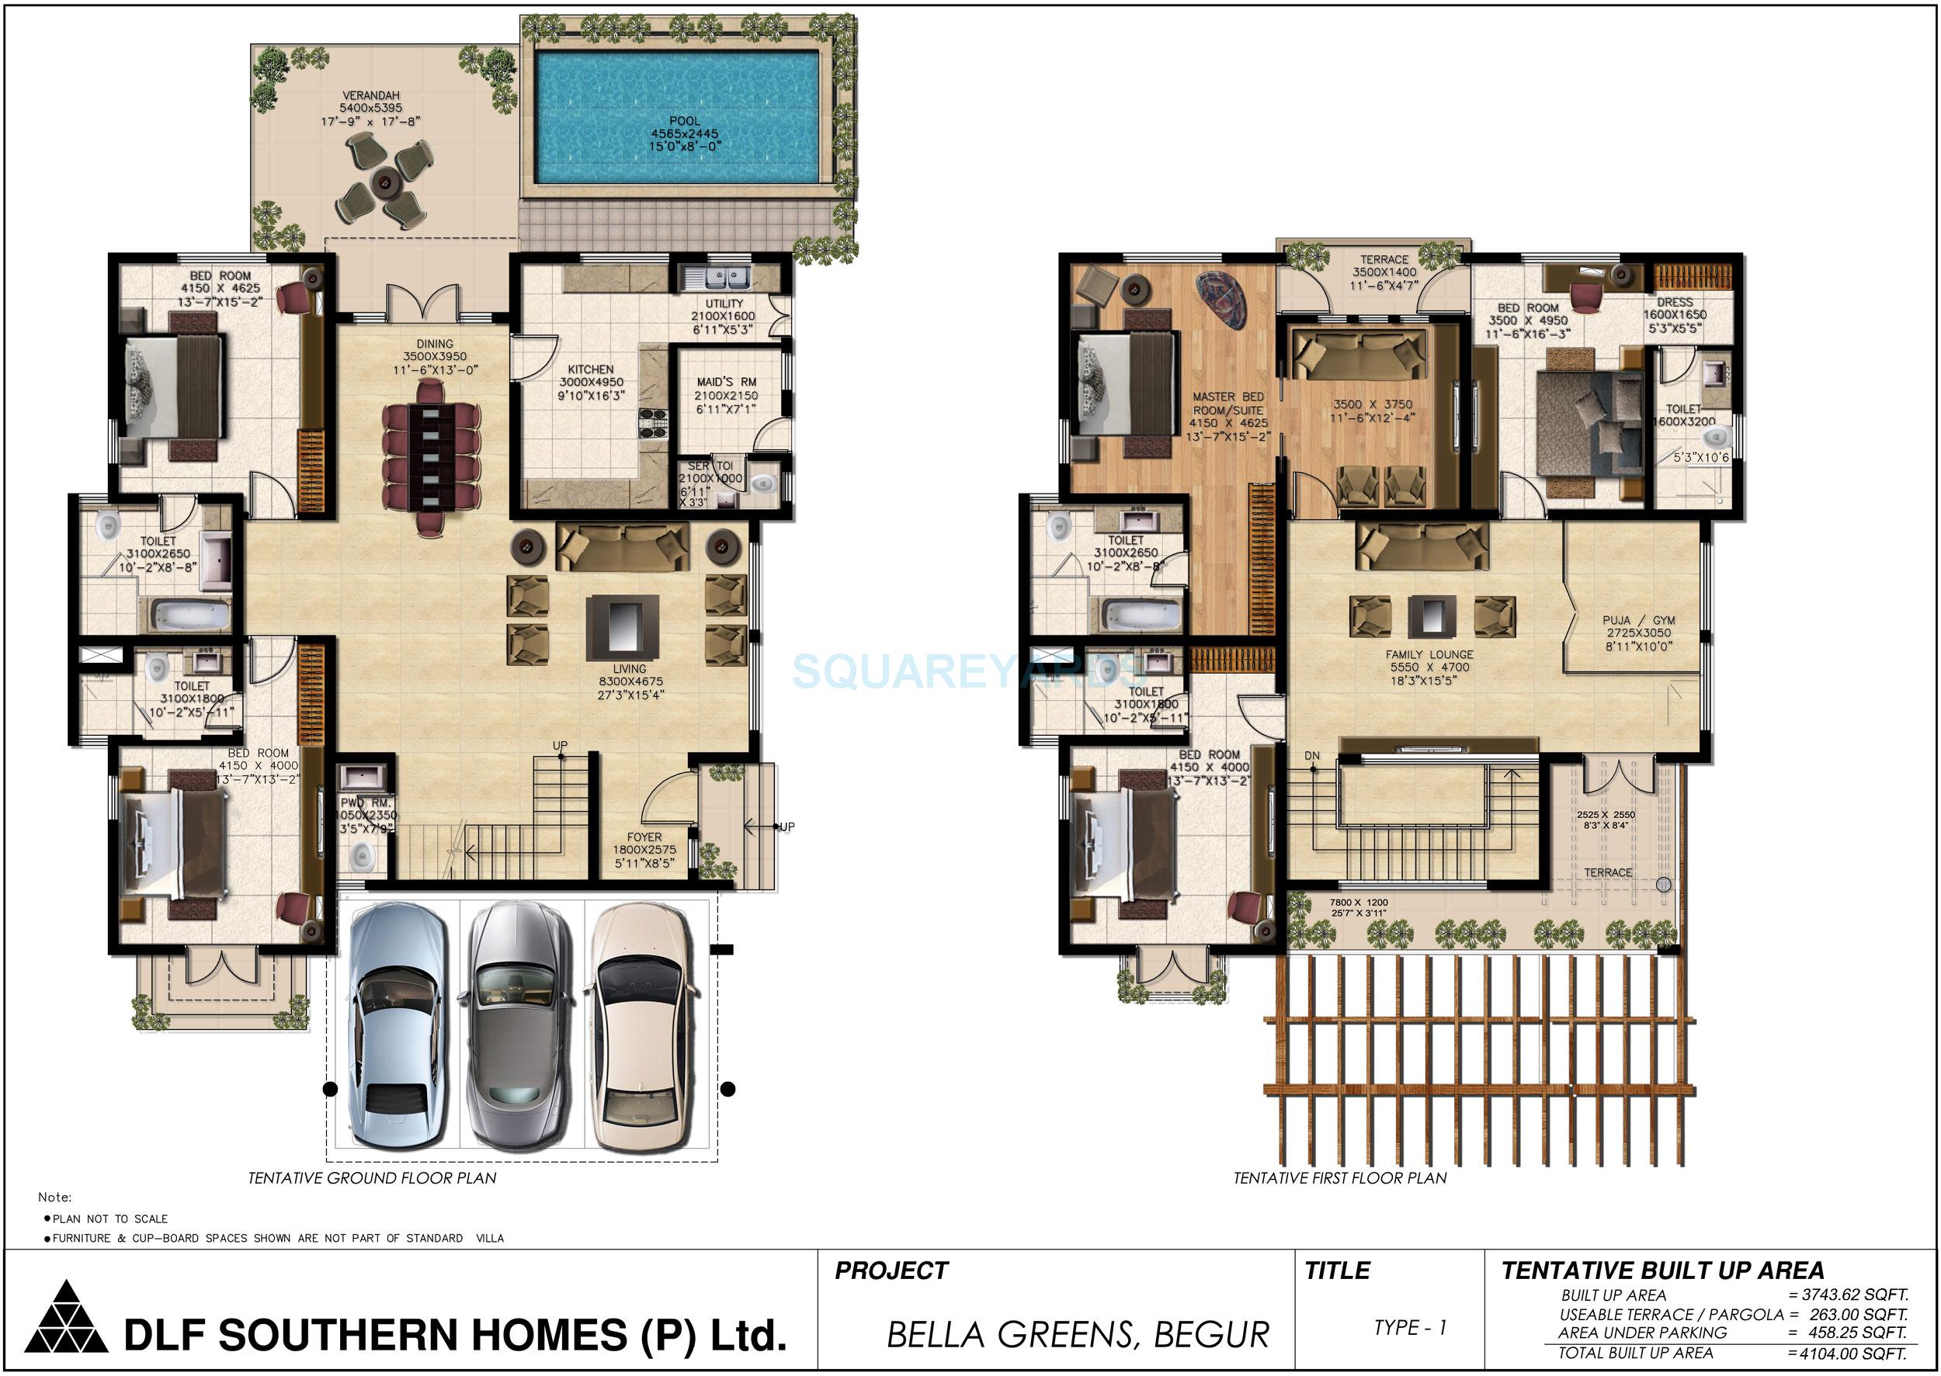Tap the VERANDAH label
tap(370, 95)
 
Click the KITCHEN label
tap(591, 369)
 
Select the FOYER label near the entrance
tap(644, 837)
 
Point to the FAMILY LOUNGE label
tap(1429, 655)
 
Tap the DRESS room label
tap(1675, 303)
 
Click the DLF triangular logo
tap(66, 1314)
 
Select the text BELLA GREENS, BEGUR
tap(1078, 1336)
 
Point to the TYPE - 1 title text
tap(1411, 1328)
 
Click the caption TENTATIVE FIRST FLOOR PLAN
tap(1340, 1179)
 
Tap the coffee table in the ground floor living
tap(622, 628)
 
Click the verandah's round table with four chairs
tap(387, 184)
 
